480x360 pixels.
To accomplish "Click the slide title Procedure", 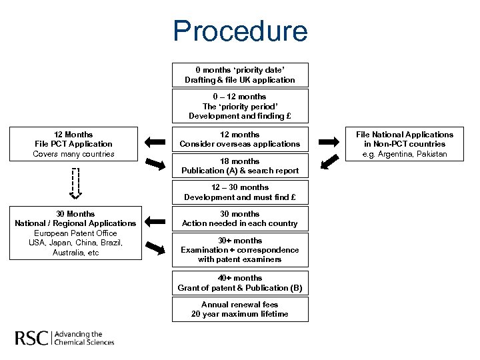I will click(240, 31).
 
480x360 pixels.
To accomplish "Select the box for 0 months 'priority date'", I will click(240, 75).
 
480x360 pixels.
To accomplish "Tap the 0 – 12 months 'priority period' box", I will click(240, 107).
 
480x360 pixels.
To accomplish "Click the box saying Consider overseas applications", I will click(240, 139).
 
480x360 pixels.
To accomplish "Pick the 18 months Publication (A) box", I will click(240, 166).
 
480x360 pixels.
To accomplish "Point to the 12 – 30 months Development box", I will click(240, 193).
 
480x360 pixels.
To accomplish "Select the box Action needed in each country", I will click(240, 219).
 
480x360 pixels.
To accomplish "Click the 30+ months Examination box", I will click(240, 250).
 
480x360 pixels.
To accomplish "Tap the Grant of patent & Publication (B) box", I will click(240, 283).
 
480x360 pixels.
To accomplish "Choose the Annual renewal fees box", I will click(240, 309).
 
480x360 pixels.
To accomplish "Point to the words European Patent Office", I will click(75, 233).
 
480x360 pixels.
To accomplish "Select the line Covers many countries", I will click(73, 154).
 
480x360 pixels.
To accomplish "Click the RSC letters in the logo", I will click(31, 338).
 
